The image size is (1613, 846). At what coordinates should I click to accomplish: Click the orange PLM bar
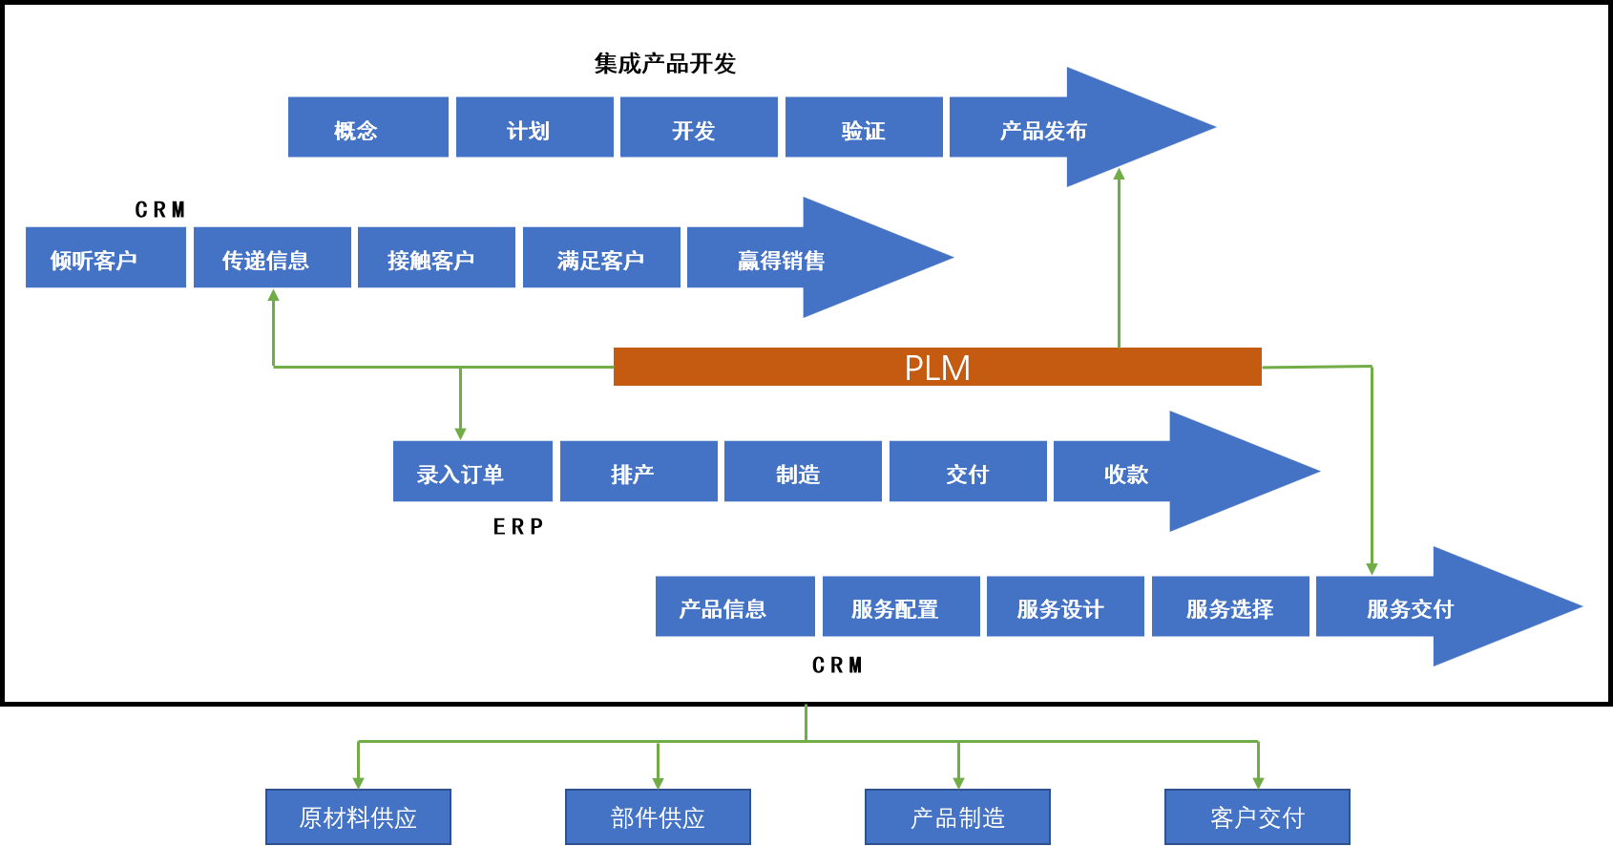(x=937, y=367)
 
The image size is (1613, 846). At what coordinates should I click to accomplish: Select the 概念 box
(x=368, y=127)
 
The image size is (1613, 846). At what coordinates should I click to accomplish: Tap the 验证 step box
(x=864, y=127)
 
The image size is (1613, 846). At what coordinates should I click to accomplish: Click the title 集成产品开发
(x=664, y=64)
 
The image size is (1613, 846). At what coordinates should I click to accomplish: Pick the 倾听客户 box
(x=106, y=257)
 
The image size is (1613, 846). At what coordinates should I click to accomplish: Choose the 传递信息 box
(x=272, y=257)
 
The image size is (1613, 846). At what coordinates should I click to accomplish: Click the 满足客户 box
(x=601, y=257)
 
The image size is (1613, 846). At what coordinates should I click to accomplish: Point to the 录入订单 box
(x=472, y=472)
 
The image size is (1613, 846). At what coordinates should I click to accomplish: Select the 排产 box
(x=639, y=472)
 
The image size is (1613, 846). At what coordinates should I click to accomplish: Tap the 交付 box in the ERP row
(x=968, y=472)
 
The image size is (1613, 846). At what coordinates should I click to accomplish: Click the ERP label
(x=517, y=527)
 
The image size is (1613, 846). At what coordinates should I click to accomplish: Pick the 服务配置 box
(x=901, y=606)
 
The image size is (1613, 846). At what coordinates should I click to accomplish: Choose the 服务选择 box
(x=1230, y=606)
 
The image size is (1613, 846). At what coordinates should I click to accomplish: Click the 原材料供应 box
(x=358, y=816)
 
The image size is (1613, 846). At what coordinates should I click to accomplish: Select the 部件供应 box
(x=658, y=816)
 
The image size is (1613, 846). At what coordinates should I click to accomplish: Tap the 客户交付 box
(x=1257, y=816)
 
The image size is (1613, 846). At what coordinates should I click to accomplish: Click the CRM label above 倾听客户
(x=159, y=210)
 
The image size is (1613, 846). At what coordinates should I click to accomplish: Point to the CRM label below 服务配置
(x=837, y=666)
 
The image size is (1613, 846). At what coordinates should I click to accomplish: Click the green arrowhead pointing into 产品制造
(x=958, y=783)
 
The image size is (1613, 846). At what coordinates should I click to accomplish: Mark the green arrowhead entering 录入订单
(x=461, y=434)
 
